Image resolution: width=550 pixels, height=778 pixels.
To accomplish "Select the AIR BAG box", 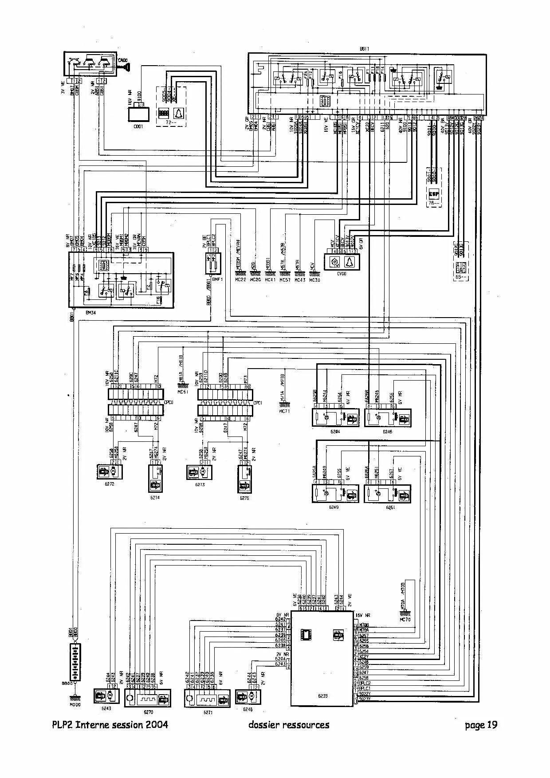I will tap(461, 268).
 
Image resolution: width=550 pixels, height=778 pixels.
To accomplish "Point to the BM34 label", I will tap(91, 312).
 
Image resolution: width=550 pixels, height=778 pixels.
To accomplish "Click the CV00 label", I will tap(341, 274).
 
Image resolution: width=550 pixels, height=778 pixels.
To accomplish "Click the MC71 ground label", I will tap(284, 411).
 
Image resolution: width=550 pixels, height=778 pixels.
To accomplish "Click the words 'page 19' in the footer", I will tap(481, 725).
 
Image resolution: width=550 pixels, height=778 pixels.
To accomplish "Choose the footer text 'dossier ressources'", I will tap(289, 725).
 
